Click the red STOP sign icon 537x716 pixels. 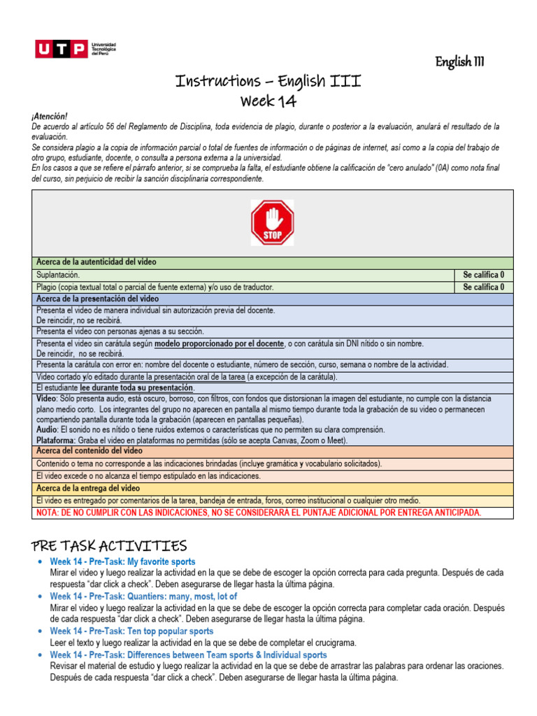(272, 223)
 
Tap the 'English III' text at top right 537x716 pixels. (460, 62)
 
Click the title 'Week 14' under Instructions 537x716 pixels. (268, 101)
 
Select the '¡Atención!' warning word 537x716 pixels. (50, 117)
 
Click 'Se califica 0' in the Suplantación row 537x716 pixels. (483, 275)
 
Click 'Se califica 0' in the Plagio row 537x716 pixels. (483, 287)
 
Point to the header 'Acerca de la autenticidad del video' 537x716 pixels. (96, 262)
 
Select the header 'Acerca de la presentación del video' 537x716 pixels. (97, 299)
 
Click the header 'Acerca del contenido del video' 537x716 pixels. (89, 451)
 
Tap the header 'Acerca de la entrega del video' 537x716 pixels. (88, 488)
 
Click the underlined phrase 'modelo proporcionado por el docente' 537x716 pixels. (219, 344)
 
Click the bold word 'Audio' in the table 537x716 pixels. (47, 429)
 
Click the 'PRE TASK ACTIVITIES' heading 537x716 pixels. (109, 545)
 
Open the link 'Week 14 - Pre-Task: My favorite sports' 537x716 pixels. (122, 561)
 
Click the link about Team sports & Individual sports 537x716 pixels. (188, 655)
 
